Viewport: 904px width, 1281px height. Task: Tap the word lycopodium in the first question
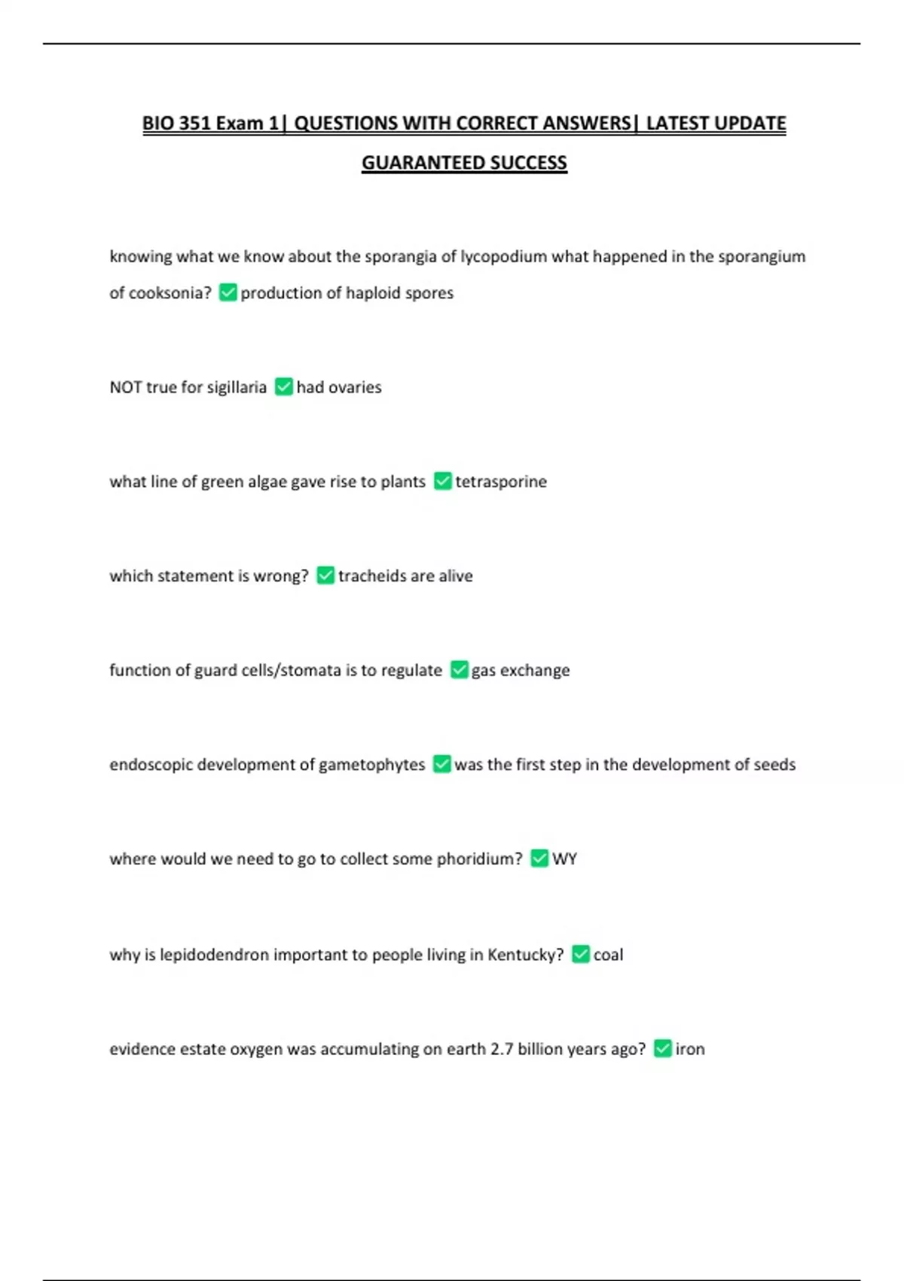tap(503, 256)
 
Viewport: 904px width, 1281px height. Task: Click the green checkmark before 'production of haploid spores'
tap(228, 292)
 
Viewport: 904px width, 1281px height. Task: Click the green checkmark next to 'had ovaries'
tap(284, 387)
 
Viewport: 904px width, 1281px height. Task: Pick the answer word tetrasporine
tap(501, 482)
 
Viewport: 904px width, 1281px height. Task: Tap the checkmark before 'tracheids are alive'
tap(325, 576)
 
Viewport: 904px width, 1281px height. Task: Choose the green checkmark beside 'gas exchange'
tap(459, 670)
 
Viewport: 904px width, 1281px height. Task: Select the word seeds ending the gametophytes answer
tap(774, 764)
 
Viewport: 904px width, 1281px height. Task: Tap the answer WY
tap(564, 859)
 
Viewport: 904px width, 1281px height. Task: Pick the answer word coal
tap(608, 955)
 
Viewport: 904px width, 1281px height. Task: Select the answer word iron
tap(690, 1049)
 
